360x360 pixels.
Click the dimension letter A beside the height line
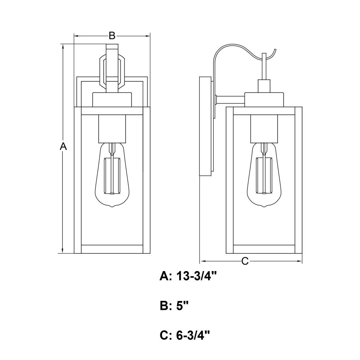pos(63,146)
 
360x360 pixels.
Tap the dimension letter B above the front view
pos(112,36)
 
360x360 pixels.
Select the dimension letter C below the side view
pos(245,261)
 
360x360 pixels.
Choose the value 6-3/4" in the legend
pos(193,336)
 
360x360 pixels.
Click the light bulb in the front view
pos(112,175)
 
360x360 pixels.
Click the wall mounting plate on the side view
pos(205,126)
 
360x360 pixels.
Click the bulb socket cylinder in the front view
pos(112,129)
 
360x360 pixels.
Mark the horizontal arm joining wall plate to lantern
pos(230,100)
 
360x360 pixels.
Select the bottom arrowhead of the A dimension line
pos(62,251)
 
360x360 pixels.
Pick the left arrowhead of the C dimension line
pos(203,261)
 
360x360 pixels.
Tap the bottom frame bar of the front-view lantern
pos(112,249)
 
